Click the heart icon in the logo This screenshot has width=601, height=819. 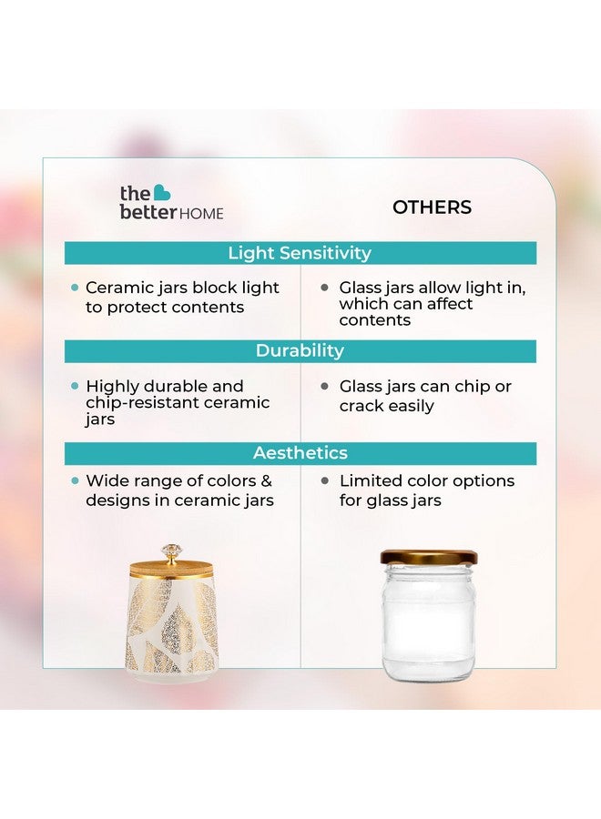tap(161, 192)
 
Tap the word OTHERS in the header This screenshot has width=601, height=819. tap(432, 207)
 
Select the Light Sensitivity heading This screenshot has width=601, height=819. tap(300, 253)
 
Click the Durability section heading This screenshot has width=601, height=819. tap(300, 350)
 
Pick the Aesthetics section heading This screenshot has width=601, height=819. tap(300, 452)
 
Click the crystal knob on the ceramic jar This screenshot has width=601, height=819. tap(170, 551)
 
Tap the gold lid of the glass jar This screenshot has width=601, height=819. tap(428, 557)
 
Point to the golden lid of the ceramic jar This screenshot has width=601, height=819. tap(170, 570)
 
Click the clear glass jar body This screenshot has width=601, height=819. tap(428, 623)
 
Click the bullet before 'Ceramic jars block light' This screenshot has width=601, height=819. tap(75, 288)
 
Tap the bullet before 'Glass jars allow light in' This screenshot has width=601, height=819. tap(325, 288)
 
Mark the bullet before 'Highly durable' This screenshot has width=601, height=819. tap(75, 386)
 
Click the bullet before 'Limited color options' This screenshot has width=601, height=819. tap(325, 480)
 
